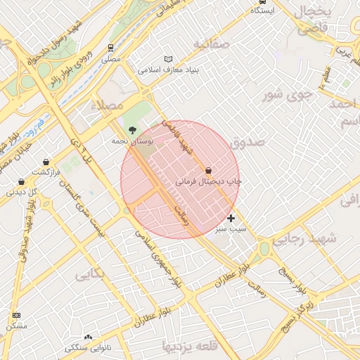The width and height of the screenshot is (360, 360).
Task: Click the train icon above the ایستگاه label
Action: (x=261, y=1)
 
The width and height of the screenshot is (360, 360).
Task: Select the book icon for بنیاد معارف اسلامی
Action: (x=167, y=59)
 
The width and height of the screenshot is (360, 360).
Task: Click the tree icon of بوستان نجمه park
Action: (x=132, y=129)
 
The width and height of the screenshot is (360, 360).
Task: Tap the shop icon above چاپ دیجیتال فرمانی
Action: (x=208, y=170)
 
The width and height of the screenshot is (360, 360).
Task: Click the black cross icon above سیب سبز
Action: (x=231, y=219)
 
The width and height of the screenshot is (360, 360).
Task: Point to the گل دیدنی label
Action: (x=16, y=191)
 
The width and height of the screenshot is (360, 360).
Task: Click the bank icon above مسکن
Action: (x=16, y=315)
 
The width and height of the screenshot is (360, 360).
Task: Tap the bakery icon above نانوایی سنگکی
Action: (x=88, y=337)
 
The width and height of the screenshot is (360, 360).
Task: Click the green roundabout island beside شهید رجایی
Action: (x=264, y=248)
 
